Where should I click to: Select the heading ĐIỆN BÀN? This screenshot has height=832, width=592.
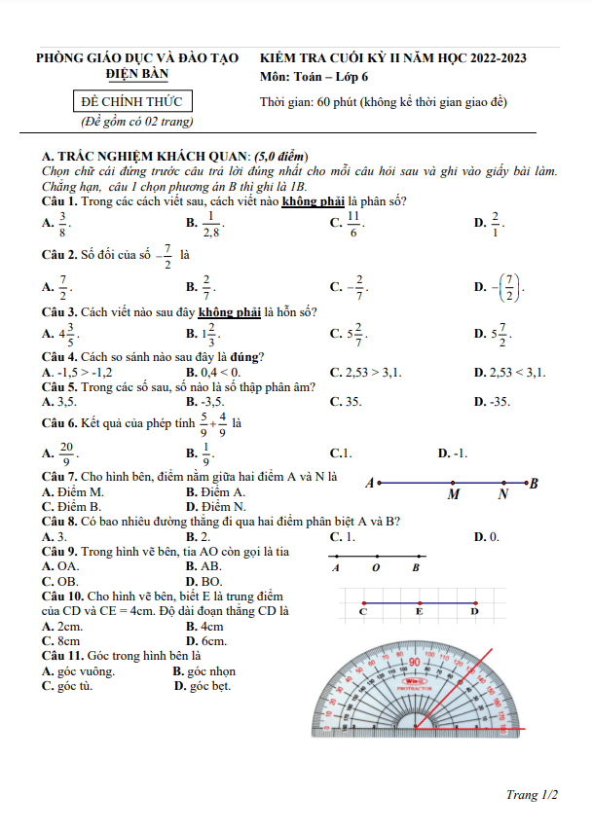click(137, 74)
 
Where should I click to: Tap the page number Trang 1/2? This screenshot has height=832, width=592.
click(532, 795)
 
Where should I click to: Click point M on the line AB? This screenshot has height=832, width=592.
click(453, 483)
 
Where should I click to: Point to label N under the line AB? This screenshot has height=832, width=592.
click(503, 494)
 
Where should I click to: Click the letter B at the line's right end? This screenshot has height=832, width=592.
click(534, 483)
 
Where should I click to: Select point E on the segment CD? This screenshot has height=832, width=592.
click(419, 603)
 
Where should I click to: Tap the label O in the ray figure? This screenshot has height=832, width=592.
click(376, 567)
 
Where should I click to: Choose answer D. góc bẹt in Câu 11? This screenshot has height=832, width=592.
click(202, 686)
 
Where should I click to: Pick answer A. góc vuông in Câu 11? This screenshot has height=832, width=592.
click(78, 671)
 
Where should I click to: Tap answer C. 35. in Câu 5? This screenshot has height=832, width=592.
click(346, 401)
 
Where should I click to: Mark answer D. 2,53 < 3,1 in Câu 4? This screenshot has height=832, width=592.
click(509, 372)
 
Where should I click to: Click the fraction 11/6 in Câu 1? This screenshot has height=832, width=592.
click(354, 223)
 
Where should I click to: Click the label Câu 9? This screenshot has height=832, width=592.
click(59, 552)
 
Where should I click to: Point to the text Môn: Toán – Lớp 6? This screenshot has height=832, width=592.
click(314, 76)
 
